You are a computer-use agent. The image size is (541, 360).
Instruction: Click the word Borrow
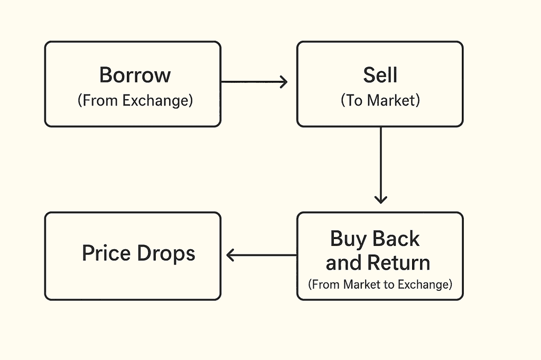[135, 75]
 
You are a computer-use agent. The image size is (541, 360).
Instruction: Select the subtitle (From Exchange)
[135, 101]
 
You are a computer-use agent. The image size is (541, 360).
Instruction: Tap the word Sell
[380, 75]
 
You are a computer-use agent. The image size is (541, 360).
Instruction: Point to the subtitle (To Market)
[380, 101]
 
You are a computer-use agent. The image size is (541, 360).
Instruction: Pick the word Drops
[166, 253]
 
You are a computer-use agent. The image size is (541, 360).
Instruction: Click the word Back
[396, 238]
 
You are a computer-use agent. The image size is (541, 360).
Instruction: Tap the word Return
[399, 263]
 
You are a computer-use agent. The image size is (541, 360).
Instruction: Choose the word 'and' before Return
[344, 263]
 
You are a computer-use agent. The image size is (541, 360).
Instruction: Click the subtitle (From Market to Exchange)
[380, 285]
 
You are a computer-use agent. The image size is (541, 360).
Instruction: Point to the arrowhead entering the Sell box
[284, 82]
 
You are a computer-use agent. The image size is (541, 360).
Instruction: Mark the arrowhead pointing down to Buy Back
[380, 200]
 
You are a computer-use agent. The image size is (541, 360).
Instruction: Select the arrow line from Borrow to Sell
[254, 82]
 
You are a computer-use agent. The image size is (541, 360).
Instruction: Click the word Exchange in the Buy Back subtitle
[423, 285]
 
